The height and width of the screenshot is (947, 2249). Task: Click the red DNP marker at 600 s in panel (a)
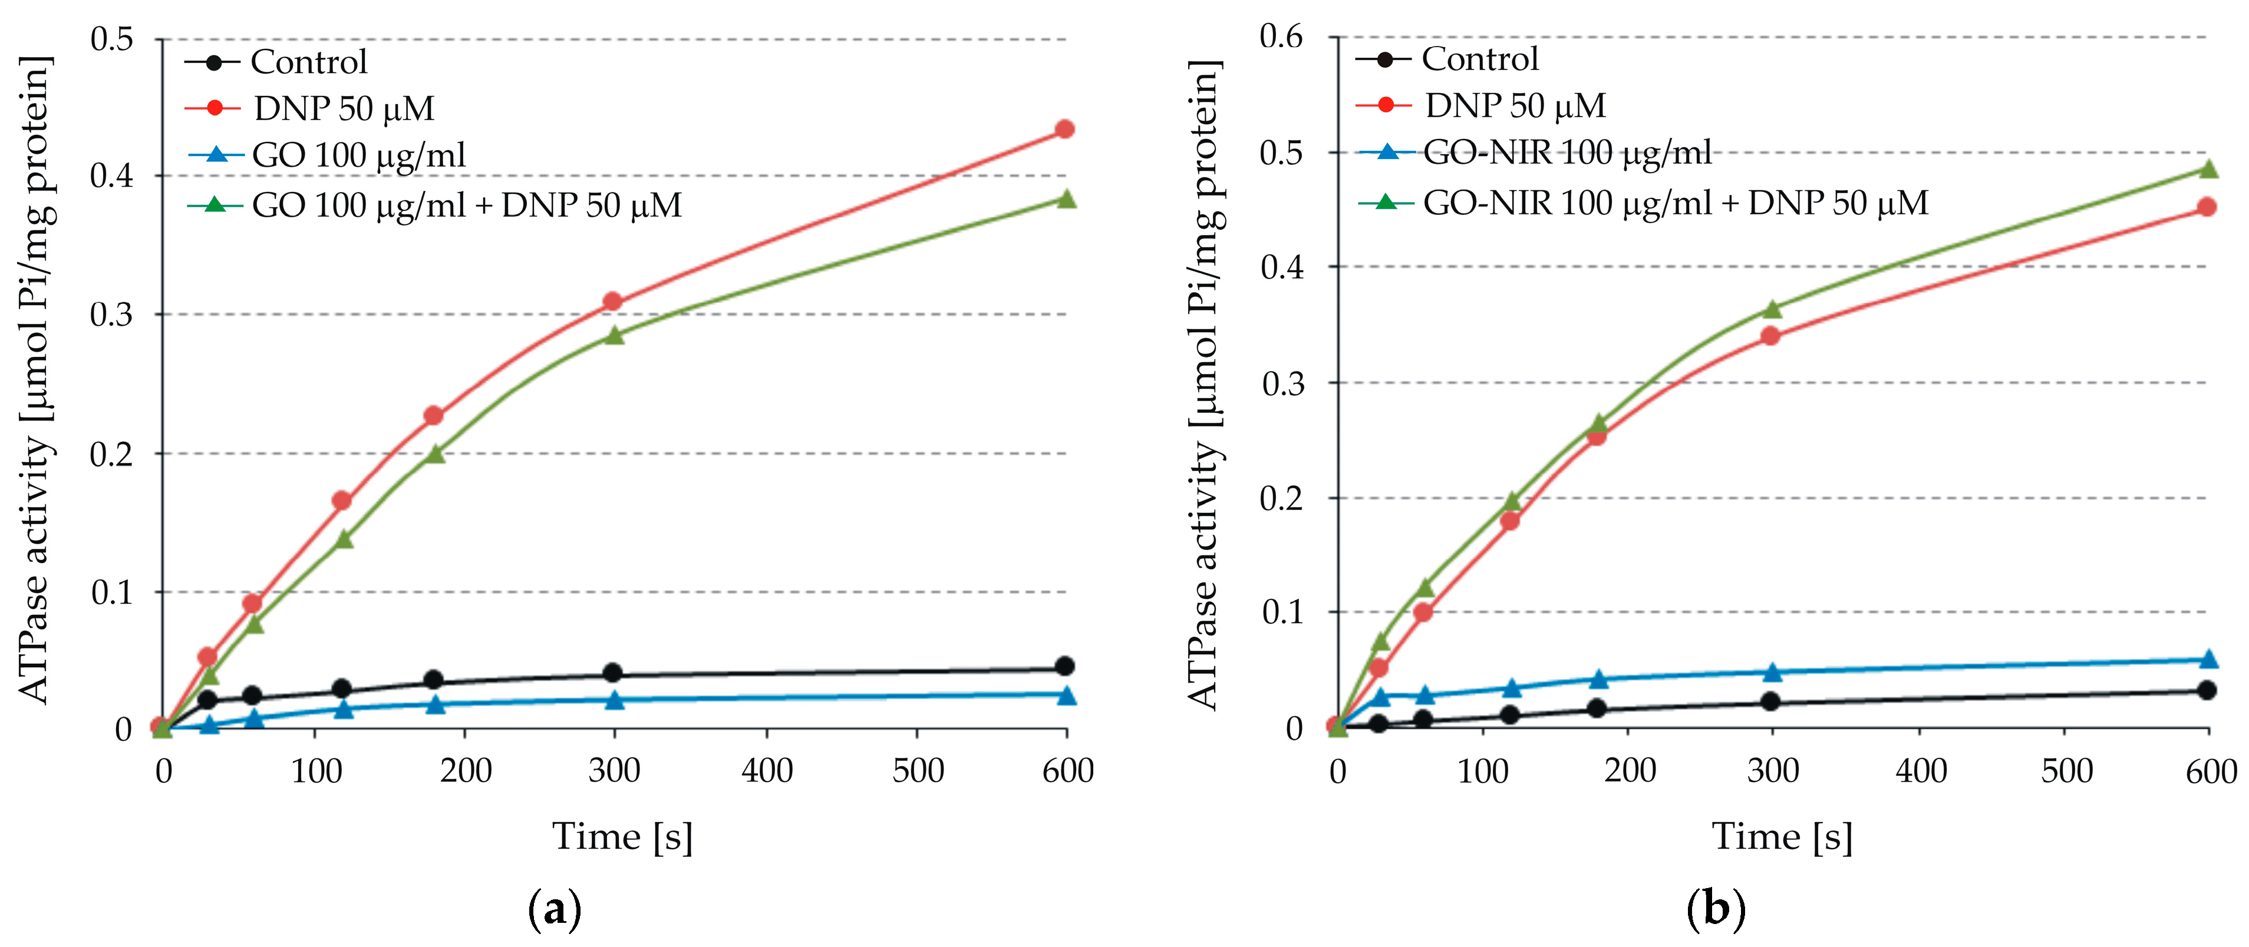(x=1064, y=129)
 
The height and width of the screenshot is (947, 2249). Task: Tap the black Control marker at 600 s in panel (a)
(x=1064, y=666)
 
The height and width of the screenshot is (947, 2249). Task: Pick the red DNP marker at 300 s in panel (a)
(x=613, y=302)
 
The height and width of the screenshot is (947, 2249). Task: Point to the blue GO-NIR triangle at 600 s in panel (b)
(x=2208, y=659)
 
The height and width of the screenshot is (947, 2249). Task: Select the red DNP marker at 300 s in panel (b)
(x=1770, y=336)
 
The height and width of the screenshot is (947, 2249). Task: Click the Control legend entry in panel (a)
(x=308, y=62)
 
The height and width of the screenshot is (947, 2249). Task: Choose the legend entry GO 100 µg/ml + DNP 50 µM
(x=466, y=205)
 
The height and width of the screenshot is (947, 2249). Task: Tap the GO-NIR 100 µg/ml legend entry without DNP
(x=1567, y=153)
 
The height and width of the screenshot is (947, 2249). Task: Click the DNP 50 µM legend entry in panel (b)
(x=1515, y=105)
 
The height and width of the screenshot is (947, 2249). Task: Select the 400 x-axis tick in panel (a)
(x=767, y=771)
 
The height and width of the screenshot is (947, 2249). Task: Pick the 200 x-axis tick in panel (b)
(x=1629, y=771)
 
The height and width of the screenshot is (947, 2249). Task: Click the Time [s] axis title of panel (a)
(x=622, y=836)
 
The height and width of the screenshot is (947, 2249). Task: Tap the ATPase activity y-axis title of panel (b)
(x=1204, y=384)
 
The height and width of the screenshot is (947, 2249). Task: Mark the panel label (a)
(x=555, y=909)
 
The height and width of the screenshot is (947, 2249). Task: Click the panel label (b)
(x=1716, y=909)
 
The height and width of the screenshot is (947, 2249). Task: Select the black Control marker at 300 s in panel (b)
(x=1770, y=702)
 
